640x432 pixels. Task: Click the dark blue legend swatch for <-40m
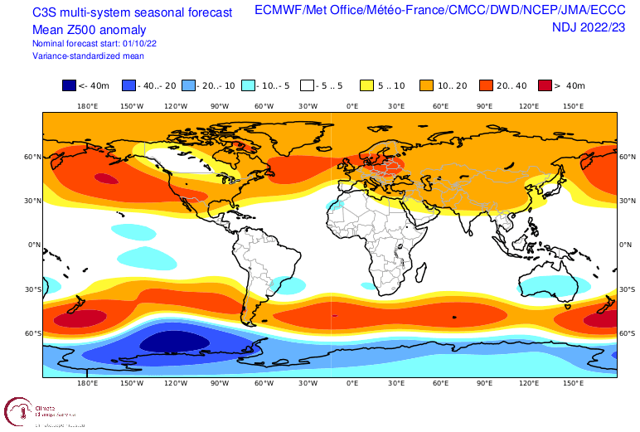click(69, 85)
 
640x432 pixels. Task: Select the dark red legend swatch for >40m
click(545, 85)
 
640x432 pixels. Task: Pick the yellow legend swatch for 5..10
click(366, 85)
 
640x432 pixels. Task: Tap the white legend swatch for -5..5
click(307, 85)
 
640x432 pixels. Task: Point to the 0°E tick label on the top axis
click(352, 106)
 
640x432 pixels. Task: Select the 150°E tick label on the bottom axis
click(573, 385)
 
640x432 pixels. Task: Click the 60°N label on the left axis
click(32, 157)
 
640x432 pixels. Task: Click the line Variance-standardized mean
click(89, 56)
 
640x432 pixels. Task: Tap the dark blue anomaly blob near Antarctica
click(175, 342)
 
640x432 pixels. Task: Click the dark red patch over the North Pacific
click(105, 177)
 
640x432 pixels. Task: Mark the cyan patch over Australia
click(549, 286)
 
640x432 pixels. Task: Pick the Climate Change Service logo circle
click(18, 412)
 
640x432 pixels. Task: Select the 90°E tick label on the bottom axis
click(485, 385)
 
